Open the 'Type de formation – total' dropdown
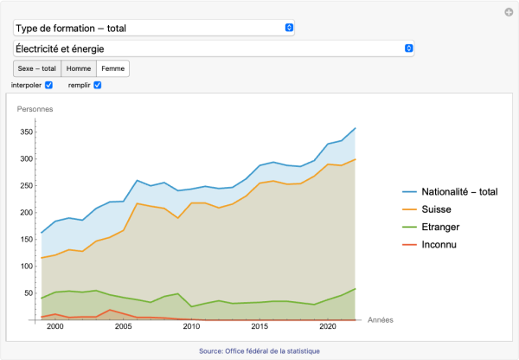(x=154, y=28)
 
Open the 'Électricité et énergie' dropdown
(x=213, y=48)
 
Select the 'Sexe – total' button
(x=36, y=68)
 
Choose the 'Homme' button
(x=79, y=68)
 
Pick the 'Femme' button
(x=112, y=68)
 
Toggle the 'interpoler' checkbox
(x=49, y=85)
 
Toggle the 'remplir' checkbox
(x=98, y=85)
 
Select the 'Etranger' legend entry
(x=443, y=227)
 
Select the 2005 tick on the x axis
(x=123, y=327)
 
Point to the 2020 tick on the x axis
(x=328, y=327)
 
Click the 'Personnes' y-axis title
(x=35, y=109)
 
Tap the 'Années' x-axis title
(x=380, y=320)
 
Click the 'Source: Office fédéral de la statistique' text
(x=259, y=350)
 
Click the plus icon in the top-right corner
(x=509, y=12)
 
